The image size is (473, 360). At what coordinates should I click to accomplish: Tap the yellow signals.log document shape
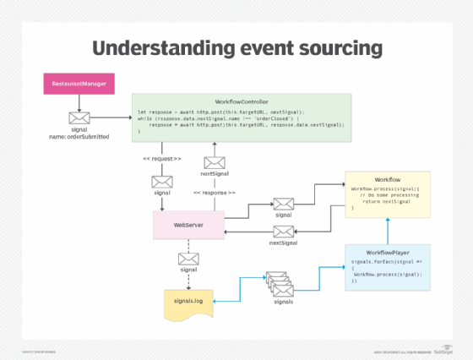click(x=188, y=303)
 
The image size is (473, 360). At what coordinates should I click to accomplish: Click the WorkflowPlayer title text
click(x=388, y=253)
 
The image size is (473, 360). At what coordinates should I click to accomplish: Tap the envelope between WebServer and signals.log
click(x=187, y=257)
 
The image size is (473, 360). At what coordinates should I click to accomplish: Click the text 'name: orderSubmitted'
click(x=79, y=136)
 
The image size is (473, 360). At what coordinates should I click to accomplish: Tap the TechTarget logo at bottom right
click(x=440, y=351)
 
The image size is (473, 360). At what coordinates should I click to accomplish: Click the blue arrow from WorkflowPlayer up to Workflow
click(x=388, y=229)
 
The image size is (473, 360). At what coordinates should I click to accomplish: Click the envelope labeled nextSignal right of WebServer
click(x=283, y=231)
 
